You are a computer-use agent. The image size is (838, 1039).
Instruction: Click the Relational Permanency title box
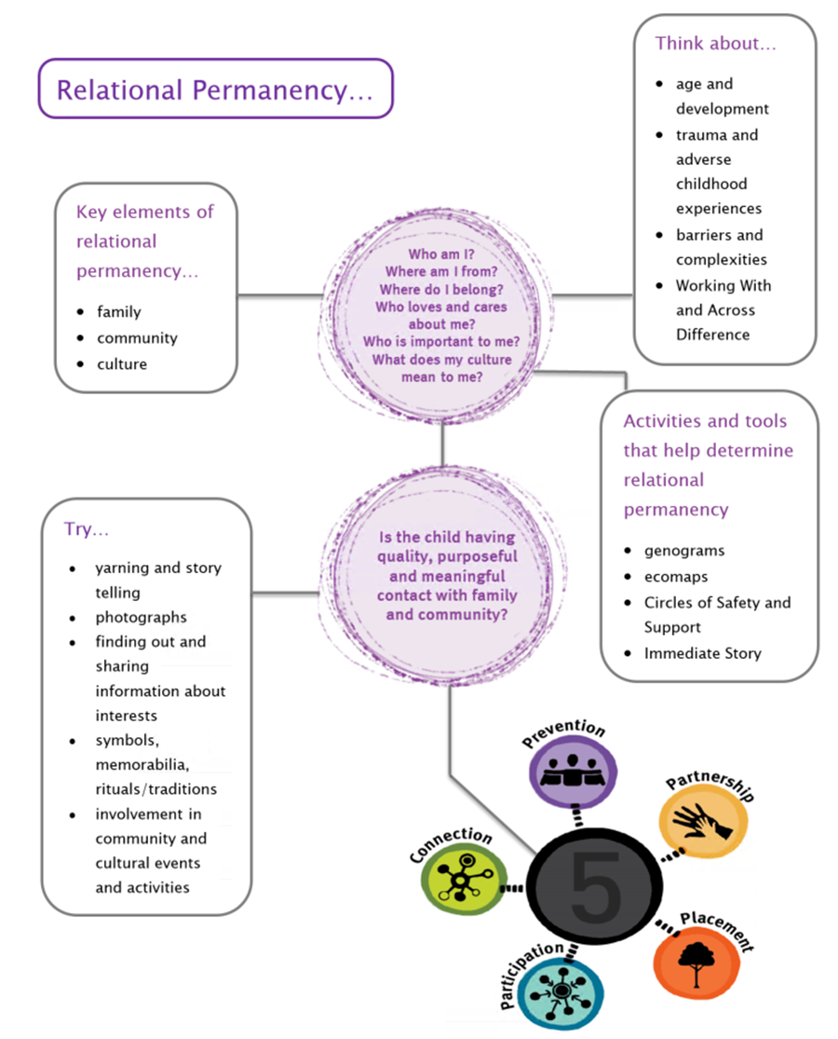[214, 89]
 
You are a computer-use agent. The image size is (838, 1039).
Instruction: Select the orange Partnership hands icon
[703, 822]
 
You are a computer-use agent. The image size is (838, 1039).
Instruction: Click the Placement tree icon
[695, 960]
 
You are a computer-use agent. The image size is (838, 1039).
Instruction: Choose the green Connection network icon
[464, 881]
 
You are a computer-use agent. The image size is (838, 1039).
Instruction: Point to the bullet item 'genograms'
[684, 550]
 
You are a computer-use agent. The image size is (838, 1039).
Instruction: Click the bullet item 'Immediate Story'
[702, 652]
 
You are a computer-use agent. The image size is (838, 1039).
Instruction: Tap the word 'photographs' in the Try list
[141, 617]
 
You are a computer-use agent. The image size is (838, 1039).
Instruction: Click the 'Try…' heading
[86, 529]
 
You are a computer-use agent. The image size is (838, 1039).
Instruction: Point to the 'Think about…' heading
[715, 43]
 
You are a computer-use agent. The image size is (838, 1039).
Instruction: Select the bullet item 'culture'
[122, 363]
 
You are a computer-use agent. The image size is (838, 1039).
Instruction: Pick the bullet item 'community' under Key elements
[137, 337]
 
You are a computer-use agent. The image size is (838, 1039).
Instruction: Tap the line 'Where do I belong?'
[442, 289]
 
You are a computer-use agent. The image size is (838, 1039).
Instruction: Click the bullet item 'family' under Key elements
[119, 311]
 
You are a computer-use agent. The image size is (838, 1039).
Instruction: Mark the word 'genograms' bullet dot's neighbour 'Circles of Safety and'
[717, 602]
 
